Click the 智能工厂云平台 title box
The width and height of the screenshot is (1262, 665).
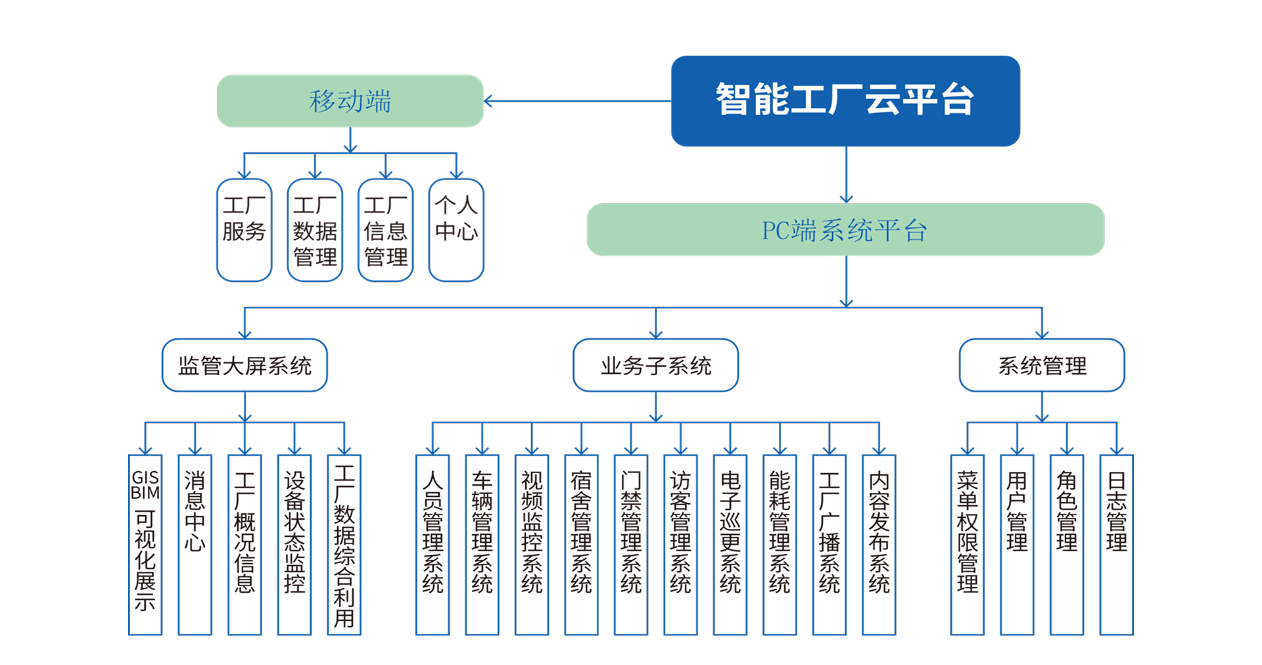point(845,101)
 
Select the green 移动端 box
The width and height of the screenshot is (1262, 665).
point(350,101)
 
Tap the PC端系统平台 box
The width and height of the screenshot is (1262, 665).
point(845,230)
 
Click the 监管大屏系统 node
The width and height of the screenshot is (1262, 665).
point(245,365)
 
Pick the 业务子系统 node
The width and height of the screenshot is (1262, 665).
point(655,365)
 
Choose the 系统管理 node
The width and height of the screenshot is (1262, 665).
point(1042,365)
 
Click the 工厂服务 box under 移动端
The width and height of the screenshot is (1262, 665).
point(244,230)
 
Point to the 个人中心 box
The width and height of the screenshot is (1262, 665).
point(456,230)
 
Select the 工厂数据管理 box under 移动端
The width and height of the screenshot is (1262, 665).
point(315,230)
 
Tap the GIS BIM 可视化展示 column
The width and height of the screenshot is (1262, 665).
point(145,545)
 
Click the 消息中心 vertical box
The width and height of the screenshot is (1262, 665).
point(195,545)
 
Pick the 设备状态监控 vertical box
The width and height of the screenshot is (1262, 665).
point(294,545)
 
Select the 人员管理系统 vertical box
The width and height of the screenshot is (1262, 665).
point(432,545)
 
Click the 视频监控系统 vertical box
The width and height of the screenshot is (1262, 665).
point(532,545)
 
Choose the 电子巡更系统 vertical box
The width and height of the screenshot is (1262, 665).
point(730,545)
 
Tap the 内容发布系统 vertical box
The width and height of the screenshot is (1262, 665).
point(879,545)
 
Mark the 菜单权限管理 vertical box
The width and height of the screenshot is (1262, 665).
point(968,545)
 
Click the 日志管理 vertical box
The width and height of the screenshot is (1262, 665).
point(1117,545)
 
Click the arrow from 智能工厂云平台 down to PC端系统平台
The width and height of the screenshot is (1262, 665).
point(847,175)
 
